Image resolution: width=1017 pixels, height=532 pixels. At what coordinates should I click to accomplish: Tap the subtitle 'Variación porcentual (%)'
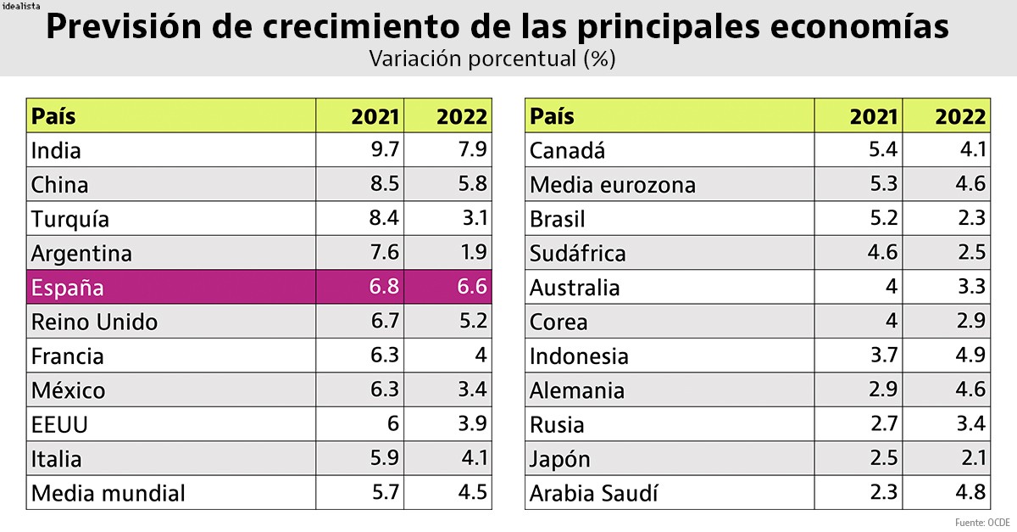492,59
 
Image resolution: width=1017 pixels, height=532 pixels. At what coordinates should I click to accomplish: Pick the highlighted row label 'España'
68,288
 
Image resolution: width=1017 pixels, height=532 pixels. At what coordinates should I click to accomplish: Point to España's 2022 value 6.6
472,287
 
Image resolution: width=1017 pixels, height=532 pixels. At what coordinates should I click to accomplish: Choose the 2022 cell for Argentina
472,253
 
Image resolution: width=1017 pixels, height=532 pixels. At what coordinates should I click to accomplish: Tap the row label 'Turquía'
70,219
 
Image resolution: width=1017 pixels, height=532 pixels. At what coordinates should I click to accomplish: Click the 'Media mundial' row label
108,492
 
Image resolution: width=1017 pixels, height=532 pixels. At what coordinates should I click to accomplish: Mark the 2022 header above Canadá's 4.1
960,116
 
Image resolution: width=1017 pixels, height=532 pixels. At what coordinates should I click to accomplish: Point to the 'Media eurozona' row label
612,185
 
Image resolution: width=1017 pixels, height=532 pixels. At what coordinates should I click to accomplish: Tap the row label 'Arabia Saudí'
593,492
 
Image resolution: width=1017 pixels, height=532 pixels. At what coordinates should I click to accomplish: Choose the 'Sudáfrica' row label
577,253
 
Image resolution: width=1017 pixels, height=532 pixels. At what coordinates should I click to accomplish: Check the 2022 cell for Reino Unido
472,322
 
